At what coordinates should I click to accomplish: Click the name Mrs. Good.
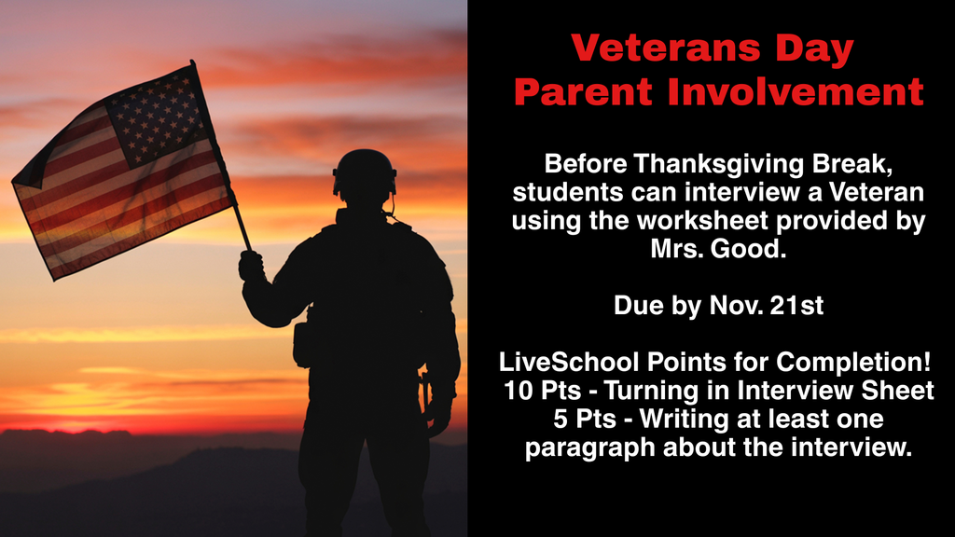[x=718, y=250]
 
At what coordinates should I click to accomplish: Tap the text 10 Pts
[x=536, y=391]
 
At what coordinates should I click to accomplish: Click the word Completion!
[x=865, y=362]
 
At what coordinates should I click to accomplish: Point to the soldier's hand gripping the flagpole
[x=250, y=266]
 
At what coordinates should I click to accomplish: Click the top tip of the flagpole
[x=193, y=62]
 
